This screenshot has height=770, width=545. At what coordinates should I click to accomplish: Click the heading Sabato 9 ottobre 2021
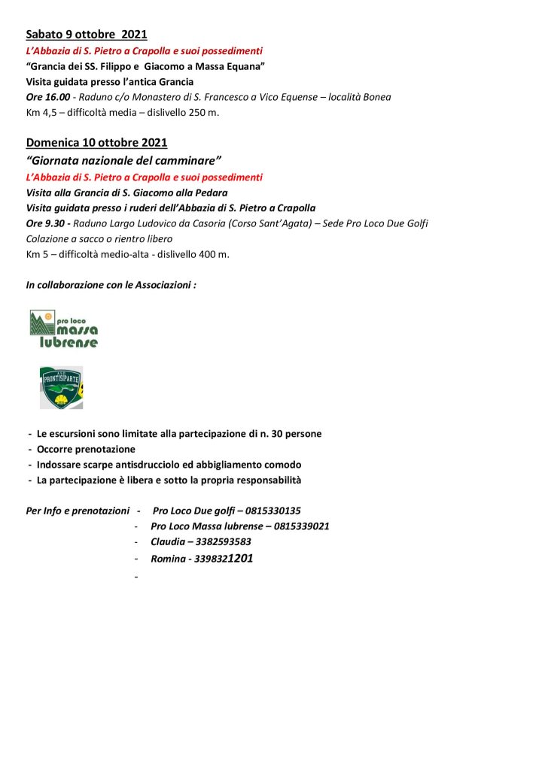pos(86,35)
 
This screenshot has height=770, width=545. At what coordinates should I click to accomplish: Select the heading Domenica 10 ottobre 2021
pos(96,142)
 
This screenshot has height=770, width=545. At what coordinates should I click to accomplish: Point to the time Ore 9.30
pos(45,223)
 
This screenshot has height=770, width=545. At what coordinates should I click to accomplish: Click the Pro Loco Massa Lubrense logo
pos(64,329)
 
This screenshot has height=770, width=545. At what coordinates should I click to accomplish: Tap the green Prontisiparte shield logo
pos(61,388)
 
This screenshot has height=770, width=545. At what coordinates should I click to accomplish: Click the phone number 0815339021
pos(301,526)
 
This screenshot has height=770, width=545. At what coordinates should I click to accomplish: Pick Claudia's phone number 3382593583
pos(223,541)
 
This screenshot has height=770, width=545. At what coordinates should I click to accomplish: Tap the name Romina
pos(167,559)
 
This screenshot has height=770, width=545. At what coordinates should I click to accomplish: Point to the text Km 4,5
pos(39,113)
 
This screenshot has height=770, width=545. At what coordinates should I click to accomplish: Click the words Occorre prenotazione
pos(86,449)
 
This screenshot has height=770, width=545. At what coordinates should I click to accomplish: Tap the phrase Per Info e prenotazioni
pos(78,511)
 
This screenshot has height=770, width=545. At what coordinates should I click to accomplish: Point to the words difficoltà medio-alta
pos(108,254)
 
